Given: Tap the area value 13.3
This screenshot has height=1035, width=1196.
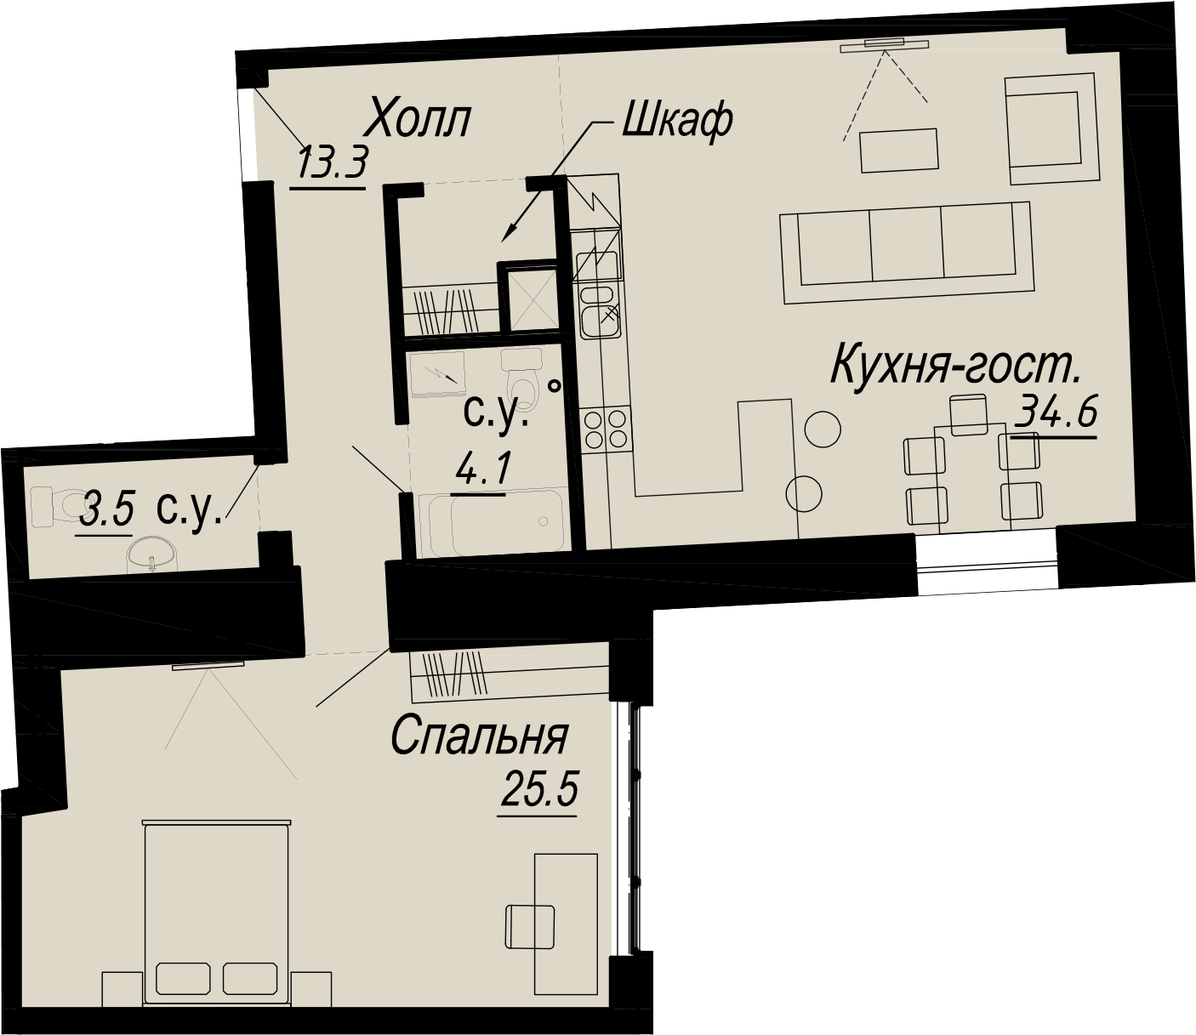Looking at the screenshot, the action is click(x=333, y=164).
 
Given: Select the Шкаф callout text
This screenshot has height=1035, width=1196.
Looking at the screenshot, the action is click(x=677, y=122).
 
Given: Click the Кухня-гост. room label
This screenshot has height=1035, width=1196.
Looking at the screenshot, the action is click(x=955, y=366).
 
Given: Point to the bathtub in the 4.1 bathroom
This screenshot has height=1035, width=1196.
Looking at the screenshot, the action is click(x=491, y=524).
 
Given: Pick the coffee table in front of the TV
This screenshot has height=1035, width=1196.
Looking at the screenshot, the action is click(x=898, y=151).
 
